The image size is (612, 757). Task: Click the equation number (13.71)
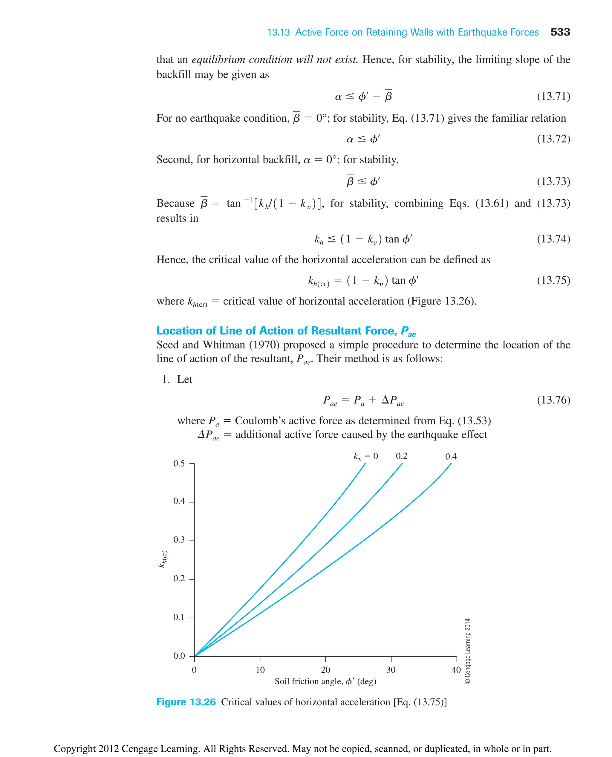point(553,96)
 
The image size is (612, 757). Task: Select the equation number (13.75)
point(553,280)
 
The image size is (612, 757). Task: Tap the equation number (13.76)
point(553,400)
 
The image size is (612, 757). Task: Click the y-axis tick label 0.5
point(179,463)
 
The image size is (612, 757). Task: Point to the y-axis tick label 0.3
point(179,540)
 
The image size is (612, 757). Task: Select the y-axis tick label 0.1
point(179,617)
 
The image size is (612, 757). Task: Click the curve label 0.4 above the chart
point(451,457)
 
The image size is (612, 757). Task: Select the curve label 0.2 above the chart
point(401,456)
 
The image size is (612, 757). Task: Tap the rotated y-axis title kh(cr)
point(163,559)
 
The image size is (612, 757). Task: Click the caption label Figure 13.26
point(186,702)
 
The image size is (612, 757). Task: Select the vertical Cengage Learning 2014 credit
point(467,651)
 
